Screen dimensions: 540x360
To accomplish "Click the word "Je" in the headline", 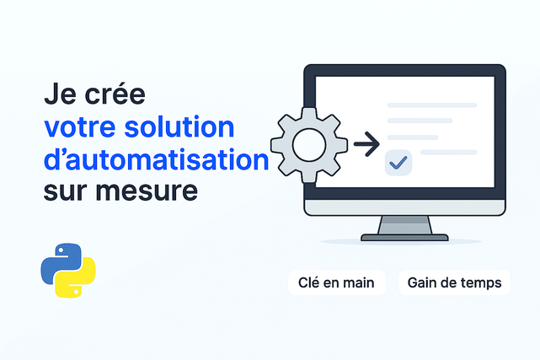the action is click(x=61, y=93).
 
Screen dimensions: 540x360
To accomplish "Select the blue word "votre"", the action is click(x=80, y=127).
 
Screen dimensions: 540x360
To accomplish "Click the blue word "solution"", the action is click(x=179, y=126).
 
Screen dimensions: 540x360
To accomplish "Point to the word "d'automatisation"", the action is click(x=157, y=159).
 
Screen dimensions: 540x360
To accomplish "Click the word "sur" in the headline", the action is click(x=65, y=191).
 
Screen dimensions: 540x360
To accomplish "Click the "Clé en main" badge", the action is click(x=337, y=282).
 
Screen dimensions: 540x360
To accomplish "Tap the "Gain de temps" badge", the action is click(x=455, y=282).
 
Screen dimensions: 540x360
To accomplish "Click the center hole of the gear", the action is click(x=309, y=145).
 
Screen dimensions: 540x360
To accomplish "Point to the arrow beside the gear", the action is click(x=366, y=144).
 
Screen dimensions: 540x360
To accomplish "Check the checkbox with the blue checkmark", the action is click(x=398, y=163).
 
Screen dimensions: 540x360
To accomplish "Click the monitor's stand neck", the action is click(x=404, y=225).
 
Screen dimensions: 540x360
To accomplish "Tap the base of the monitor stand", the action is click(x=404, y=238).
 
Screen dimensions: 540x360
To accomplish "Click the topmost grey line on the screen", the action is click(x=432, y=105).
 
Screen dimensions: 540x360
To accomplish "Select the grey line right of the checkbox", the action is click(x=449, y=153).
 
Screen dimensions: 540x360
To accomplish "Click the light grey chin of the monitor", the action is click(x=404, y=207).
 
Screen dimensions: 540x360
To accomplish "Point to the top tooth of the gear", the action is click(x=309, y=114).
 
